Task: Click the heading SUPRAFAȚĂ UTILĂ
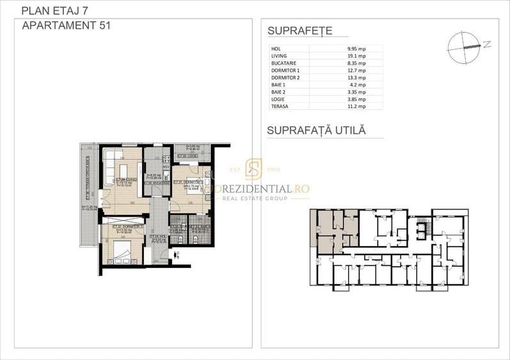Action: click(316, 130)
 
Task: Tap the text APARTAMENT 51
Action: click(63, 26)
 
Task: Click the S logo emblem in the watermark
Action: click(254, 170)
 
